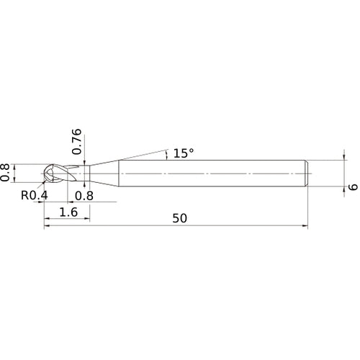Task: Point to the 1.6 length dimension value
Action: click(x=68, y=212)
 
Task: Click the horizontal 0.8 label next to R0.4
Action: click(x=84, y=195)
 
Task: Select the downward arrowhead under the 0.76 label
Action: click(x=85, y=163)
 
